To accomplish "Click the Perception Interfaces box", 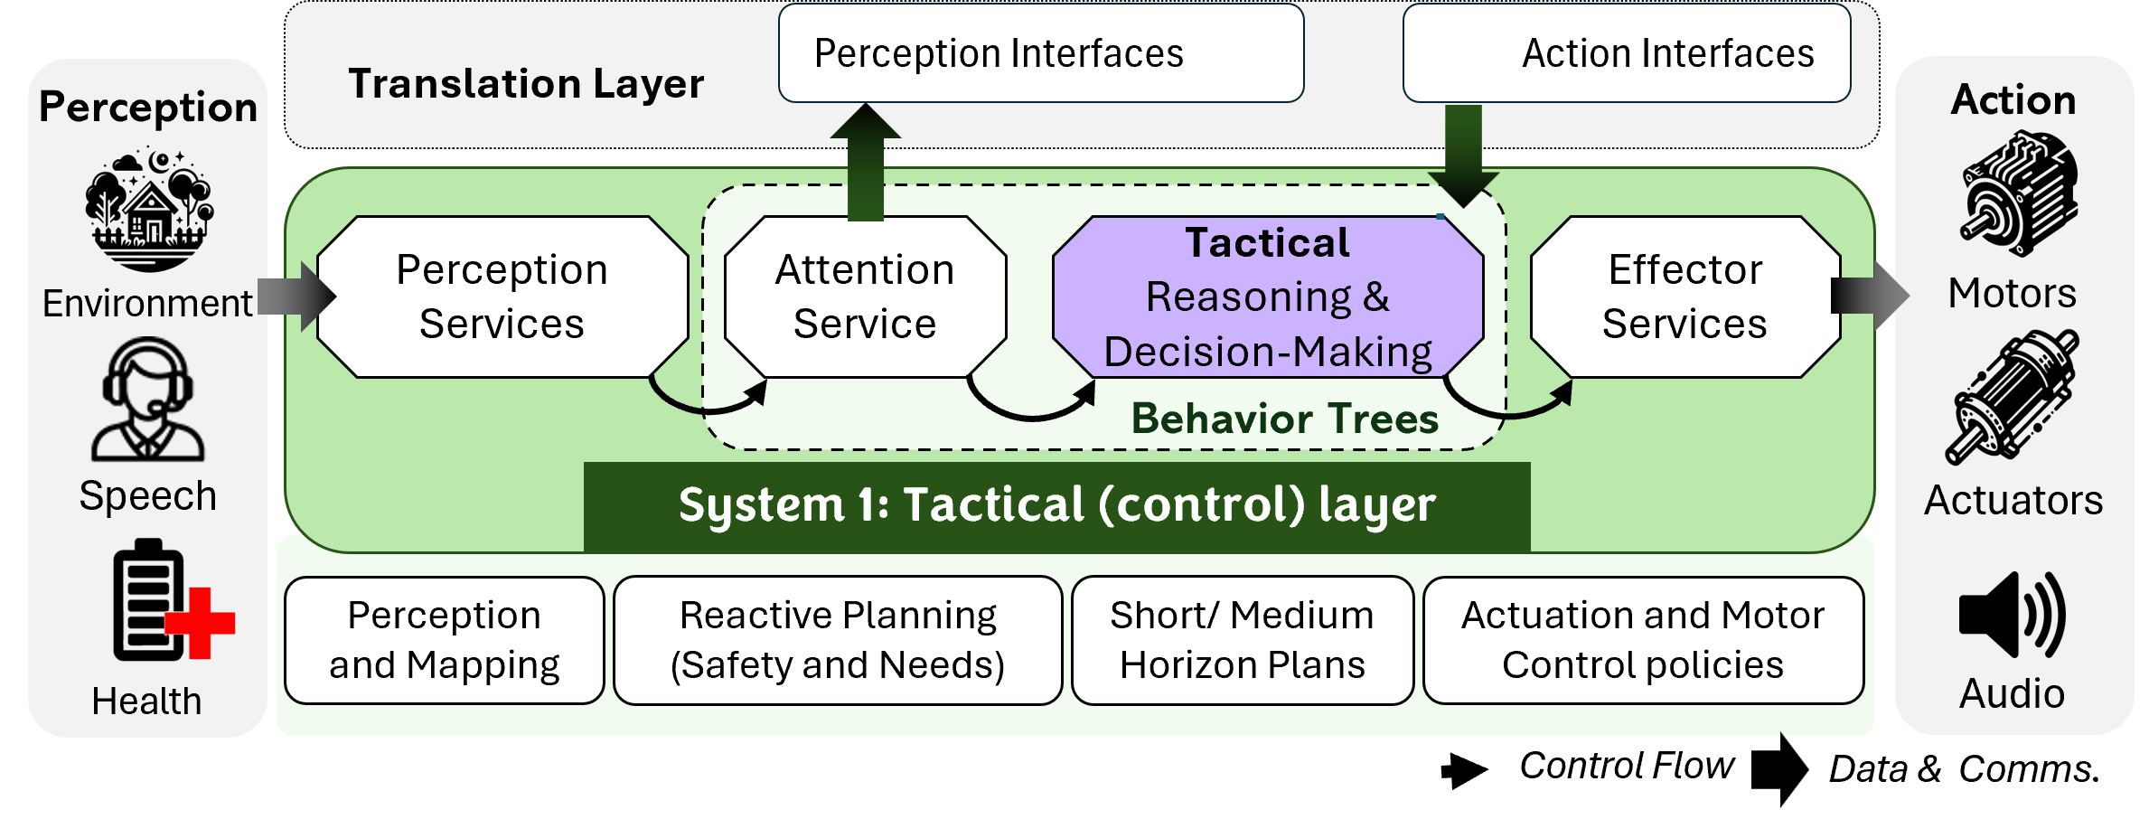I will (1040, 53).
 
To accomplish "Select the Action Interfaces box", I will (1626, 53).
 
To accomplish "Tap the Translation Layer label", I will (526, 84).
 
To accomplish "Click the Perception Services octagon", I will (502, 297).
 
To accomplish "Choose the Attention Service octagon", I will (865, 297).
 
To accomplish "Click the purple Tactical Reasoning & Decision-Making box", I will (1267, 297).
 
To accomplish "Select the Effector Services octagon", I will (1684, 297).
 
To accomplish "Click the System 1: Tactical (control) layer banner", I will (1056, 505).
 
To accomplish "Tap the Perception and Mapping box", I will (444, 640).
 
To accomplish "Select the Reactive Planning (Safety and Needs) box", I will (838, 640).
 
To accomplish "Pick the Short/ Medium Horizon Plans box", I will (1242, 640).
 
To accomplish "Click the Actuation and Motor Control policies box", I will (1642, 640).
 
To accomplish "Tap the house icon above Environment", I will (149, 213).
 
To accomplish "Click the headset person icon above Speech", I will (148, 400).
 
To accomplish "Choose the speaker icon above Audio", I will (2011, 615).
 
